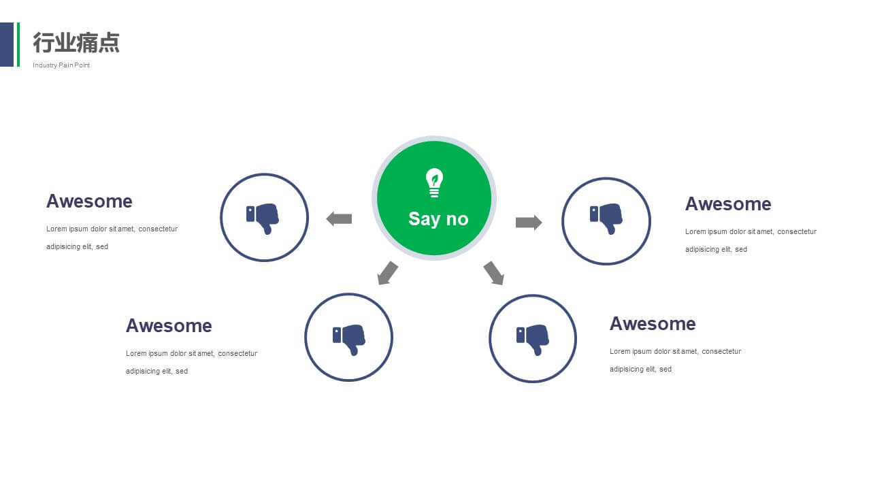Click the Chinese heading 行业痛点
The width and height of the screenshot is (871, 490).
[76, 42]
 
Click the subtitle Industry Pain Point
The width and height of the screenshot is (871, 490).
[61, 65]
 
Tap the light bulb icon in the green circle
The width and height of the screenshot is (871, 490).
[434, 183]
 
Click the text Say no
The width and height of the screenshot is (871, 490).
[438, 219]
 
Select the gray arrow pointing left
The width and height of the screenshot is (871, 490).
[339, 219]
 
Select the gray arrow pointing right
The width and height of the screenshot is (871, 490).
[529, 223]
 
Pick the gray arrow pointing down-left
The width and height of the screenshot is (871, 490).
[388, 273]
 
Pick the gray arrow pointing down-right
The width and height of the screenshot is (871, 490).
[494, 273]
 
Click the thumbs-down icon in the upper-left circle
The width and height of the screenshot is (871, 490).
[263, 218]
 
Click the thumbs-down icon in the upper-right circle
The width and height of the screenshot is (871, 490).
[606, 219]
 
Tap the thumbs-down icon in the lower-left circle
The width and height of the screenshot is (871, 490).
[349, 340]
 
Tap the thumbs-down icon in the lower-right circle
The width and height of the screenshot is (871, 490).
[533, 340]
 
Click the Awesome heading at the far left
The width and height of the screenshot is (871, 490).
[89, 201]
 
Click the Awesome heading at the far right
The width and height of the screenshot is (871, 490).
[728, 204]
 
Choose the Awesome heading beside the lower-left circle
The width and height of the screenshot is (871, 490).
[169, 326]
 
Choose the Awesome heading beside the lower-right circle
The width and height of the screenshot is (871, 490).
[653, 324]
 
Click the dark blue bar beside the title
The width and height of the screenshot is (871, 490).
[7, 44]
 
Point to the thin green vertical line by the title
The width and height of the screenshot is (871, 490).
[18, 44]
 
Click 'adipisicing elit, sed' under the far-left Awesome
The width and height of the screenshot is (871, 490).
[78, 246]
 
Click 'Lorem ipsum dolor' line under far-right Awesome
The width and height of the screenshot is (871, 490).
[751, 232]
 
